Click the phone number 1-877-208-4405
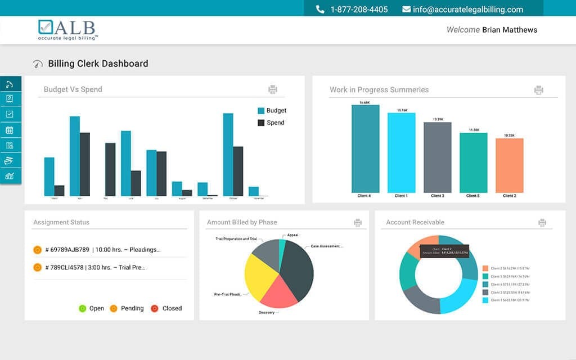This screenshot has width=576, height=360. [359, 10]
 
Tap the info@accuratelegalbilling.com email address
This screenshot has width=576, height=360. [467, 10]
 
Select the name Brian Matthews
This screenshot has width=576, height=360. [509, 30]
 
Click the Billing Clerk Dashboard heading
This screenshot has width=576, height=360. [98, 64]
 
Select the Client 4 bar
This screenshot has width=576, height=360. [365, 149]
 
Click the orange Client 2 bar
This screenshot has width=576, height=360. [509, 165]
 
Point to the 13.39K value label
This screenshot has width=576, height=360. [438, 119]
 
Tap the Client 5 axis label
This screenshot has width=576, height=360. [473, 196]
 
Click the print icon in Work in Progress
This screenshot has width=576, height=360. [538, 90]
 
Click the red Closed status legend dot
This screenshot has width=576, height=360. [155, 308]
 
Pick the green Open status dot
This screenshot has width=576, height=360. [82, 308]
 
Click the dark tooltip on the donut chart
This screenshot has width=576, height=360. [442, 251]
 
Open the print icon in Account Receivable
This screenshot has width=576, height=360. [542, 223]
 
